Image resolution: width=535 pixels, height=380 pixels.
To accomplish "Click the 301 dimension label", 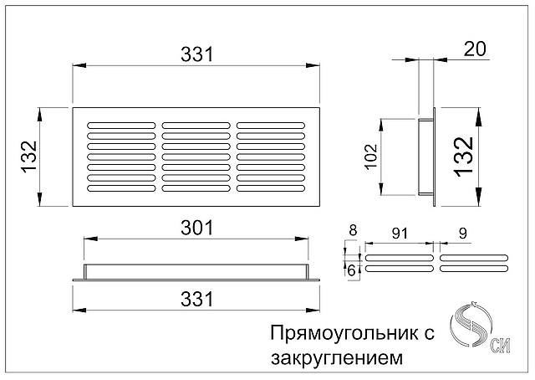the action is point(197,228).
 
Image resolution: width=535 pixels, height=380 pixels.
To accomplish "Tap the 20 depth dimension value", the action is point(475,49).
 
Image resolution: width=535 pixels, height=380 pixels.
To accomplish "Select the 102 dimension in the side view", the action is point(371,157).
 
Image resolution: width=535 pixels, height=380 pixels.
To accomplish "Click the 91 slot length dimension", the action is point(400,234).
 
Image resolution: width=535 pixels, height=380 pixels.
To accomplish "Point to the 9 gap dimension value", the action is point(462,234).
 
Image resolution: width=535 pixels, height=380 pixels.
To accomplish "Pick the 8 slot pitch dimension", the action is point(353,230).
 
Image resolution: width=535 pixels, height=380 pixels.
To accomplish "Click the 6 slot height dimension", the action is point(351,271).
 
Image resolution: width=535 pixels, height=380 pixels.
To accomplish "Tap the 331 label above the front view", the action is point(197,54).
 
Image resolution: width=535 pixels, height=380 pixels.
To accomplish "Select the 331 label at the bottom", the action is point(197,299).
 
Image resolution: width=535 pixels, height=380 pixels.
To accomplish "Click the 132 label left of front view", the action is point(29,157).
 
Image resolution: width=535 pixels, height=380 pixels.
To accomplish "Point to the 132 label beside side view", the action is point(464,157).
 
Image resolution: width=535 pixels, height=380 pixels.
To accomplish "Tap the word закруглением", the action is point(337,358).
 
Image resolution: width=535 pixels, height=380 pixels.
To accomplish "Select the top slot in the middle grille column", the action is point(196,126).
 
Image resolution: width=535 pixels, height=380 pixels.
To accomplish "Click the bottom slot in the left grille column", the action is point(121,188).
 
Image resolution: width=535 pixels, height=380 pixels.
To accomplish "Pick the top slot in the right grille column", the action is point(271,126).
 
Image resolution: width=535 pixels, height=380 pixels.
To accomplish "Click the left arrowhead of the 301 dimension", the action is point(91,239).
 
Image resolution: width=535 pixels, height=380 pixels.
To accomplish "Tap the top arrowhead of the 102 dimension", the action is point(381,125).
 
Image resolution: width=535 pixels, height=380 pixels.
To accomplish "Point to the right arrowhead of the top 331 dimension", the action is point(313,65).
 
